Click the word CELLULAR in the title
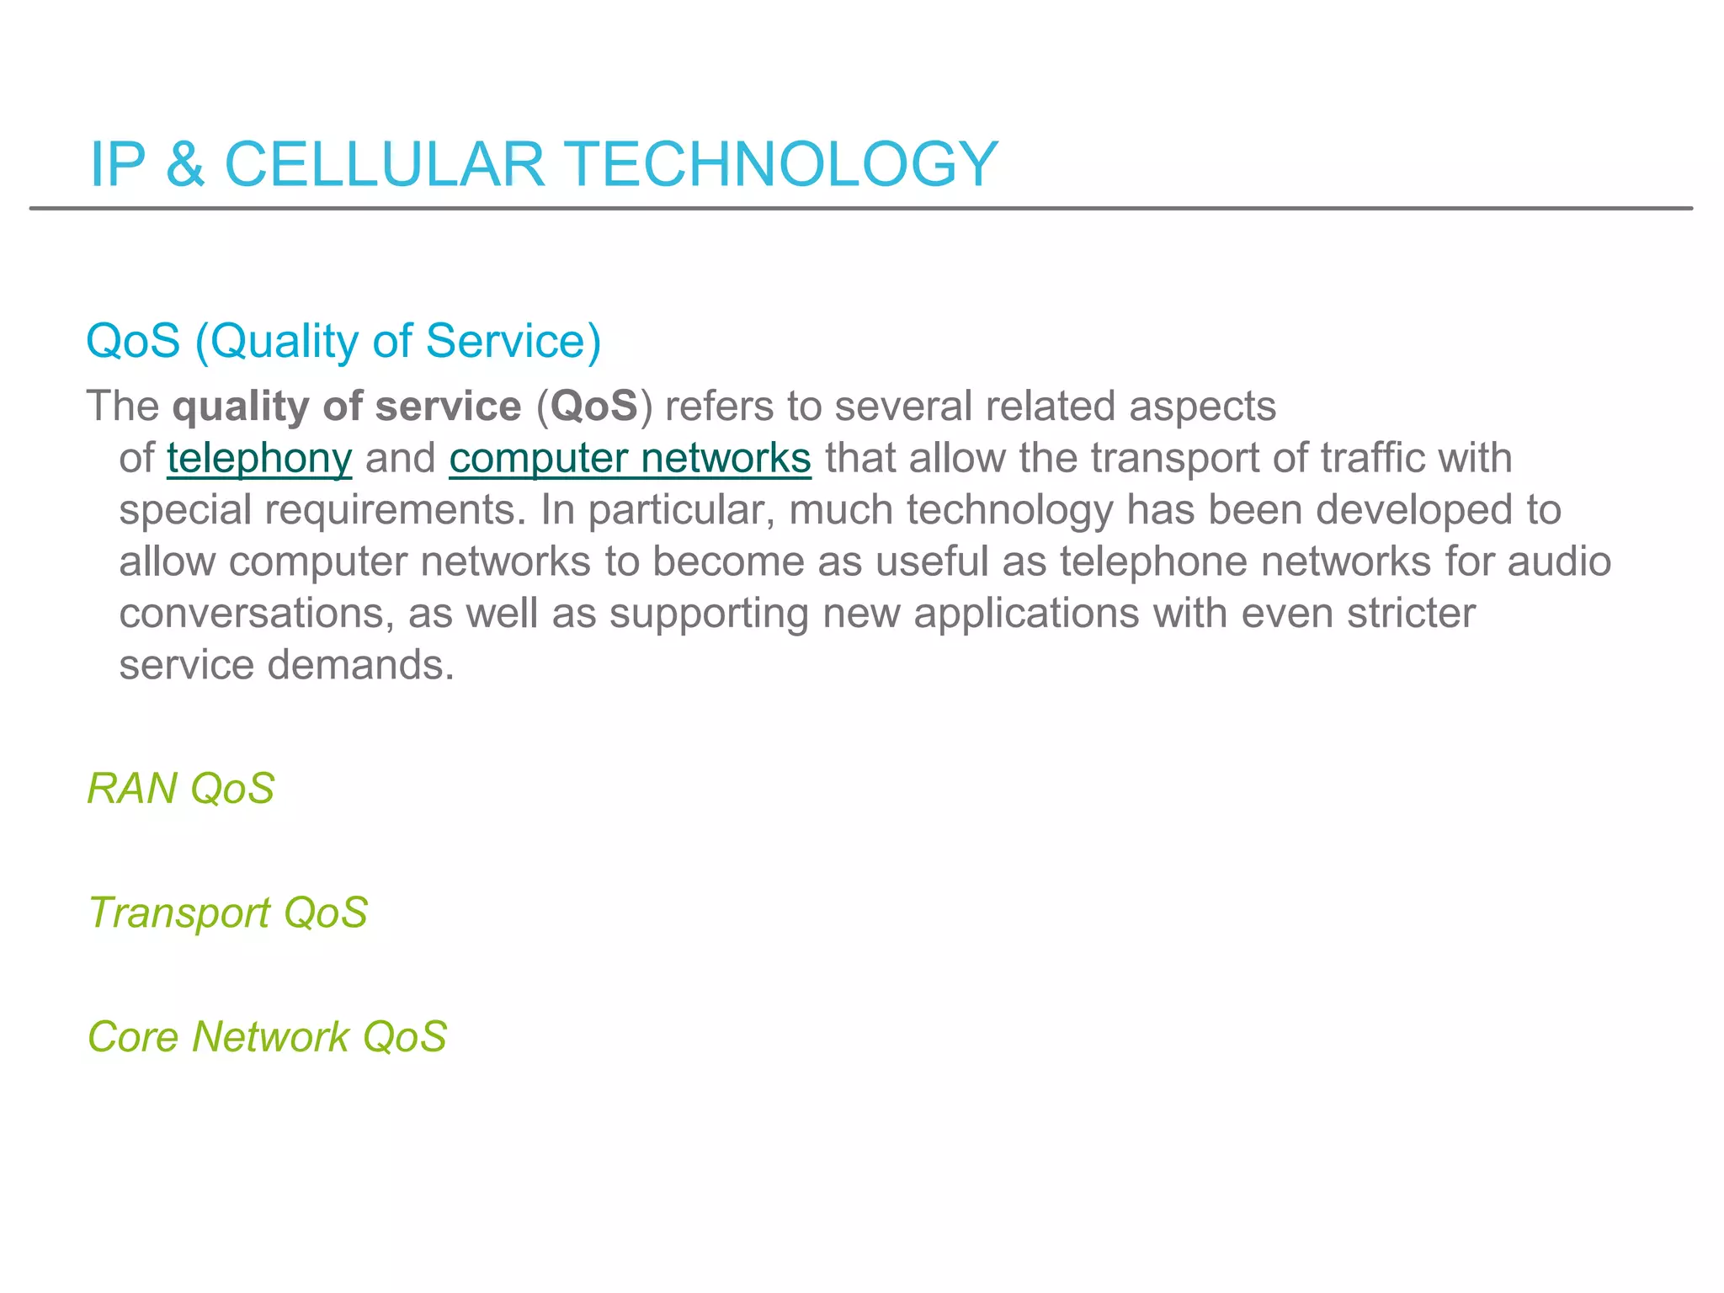[x=385, y=164]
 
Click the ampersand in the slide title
[x=185, y=164]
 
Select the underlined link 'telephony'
[x=259, y=460]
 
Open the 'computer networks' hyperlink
[x=630, y=460]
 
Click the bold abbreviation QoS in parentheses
[x=594, y=407]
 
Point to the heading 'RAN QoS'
[x=181, y=789]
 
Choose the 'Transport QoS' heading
[x=228, y=913]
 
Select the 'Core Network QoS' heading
[x=268, y=1037]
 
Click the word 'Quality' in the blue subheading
[x=284, y=343]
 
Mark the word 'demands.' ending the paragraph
[x=360, y=666]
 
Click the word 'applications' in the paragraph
[x=1026, y=614]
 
